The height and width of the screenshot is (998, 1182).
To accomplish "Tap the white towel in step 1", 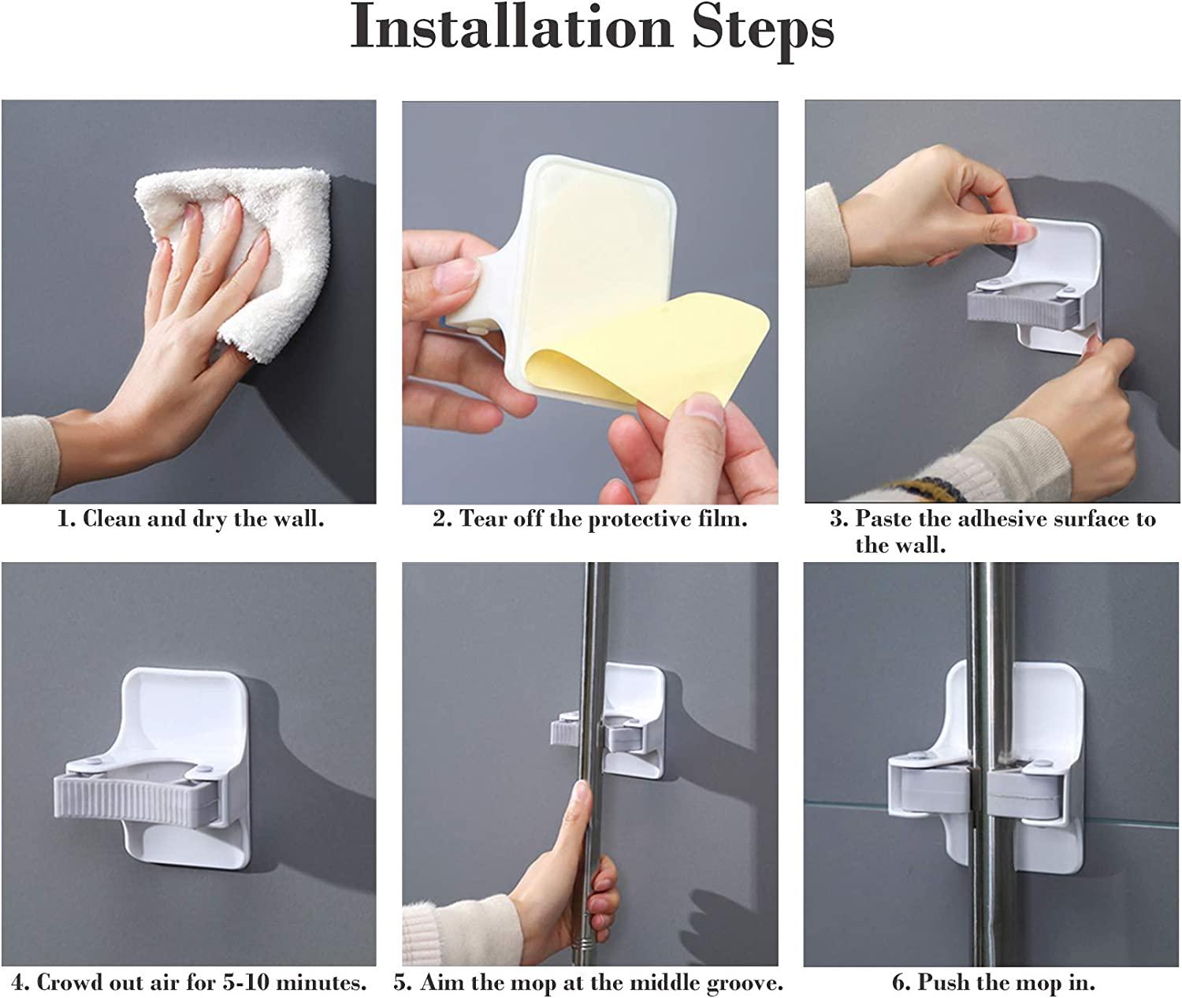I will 236,252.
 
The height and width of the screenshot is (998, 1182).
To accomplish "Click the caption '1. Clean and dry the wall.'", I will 191,519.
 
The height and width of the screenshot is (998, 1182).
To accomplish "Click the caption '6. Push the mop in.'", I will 993,983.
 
